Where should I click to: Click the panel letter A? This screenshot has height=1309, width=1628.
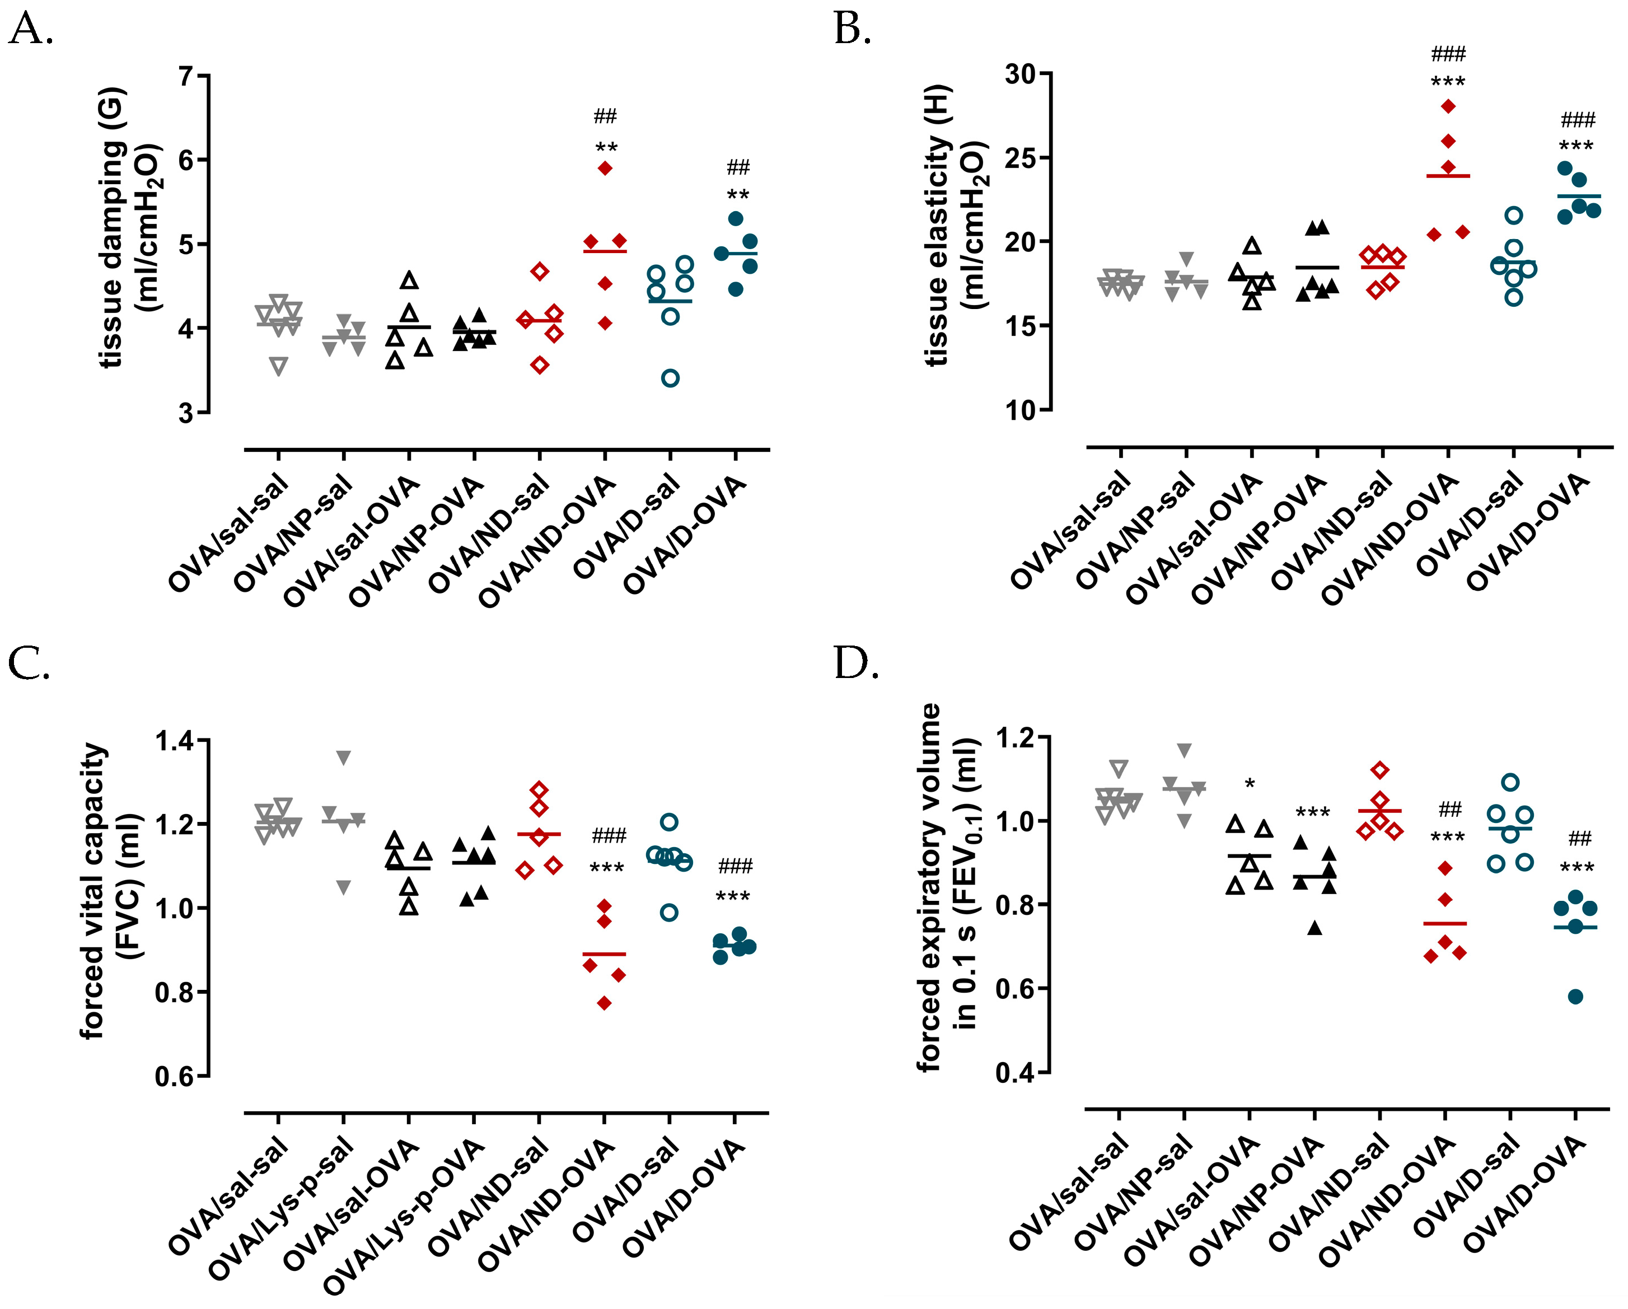point(30,30)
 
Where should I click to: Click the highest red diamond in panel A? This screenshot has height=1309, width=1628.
point(605,169)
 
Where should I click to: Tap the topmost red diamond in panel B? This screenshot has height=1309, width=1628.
point(1448,106)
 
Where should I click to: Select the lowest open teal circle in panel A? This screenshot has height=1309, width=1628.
point(670,378)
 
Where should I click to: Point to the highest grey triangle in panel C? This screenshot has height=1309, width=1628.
point(344,758)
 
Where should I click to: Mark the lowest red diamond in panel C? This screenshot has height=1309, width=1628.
point(604,1003)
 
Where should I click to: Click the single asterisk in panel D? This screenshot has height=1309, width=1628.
point(1250,784)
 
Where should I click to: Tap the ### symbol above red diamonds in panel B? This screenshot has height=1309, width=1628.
point(1448,54)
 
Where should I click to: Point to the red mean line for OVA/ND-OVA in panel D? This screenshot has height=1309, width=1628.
point(1444,924)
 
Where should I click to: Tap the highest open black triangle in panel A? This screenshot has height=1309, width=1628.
point(409,280)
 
